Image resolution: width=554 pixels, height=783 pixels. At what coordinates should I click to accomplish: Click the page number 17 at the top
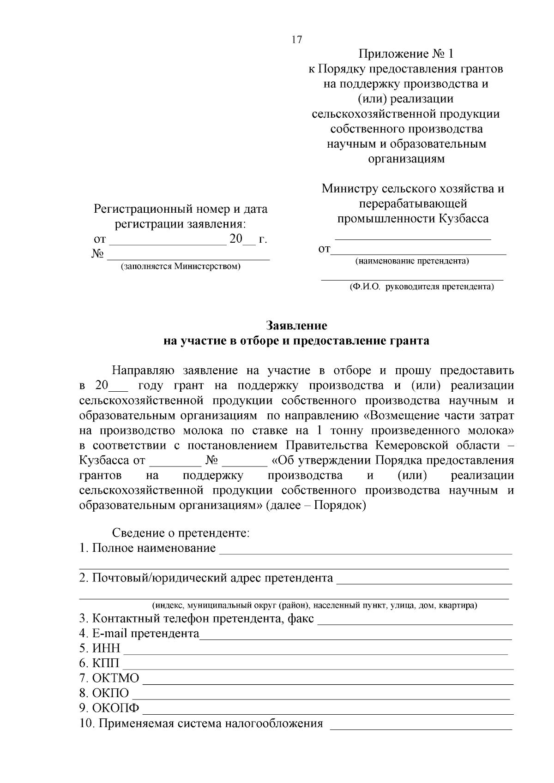[296, 40]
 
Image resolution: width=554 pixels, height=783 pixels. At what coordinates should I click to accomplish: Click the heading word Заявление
[296, 326]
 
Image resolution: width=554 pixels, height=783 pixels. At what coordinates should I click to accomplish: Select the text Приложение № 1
[406, 54]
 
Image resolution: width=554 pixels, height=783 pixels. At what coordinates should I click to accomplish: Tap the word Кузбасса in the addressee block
[463, 218]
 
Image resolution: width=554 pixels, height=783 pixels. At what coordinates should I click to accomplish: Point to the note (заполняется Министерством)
[181, 267]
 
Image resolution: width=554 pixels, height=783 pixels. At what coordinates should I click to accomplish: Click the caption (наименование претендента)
[412, 261]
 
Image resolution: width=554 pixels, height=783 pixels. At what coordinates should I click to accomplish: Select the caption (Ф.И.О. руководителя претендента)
[421, 287]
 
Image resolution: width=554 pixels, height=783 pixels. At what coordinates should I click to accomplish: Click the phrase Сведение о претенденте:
[181, 533]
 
